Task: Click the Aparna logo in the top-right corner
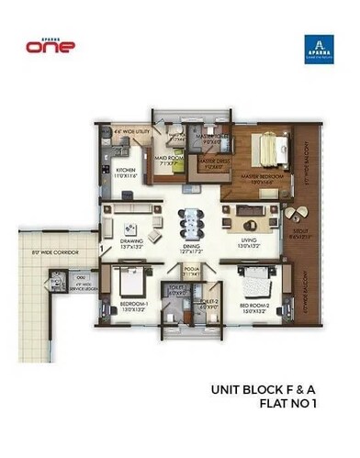(317, 50)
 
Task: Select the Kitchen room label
(125, 173)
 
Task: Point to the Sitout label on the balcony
(297, 233)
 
